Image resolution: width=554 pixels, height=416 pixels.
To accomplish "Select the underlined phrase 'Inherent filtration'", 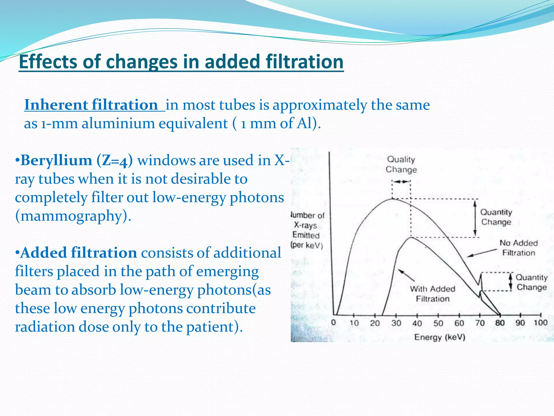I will point(91,105).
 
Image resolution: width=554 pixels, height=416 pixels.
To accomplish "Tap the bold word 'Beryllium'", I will point(56,160).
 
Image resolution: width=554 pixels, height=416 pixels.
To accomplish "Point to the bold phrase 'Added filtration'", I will point(78,253).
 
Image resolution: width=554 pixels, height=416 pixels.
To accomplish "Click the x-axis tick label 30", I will point(396,323).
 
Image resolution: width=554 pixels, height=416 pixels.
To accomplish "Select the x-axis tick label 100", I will point(540,323).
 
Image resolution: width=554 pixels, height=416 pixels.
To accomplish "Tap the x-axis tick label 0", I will point(334,323).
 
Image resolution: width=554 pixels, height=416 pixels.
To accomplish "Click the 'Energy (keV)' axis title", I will point(440,337).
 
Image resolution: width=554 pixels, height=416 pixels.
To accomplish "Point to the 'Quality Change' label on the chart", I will point(401,164).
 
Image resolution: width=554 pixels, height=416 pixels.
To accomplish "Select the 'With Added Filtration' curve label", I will point(433,294).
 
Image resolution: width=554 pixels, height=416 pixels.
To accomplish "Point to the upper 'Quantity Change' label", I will point(496,217).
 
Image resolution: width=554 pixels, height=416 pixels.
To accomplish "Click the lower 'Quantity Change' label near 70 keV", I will point(532,282).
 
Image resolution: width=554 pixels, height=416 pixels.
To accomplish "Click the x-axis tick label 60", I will point(459,323).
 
